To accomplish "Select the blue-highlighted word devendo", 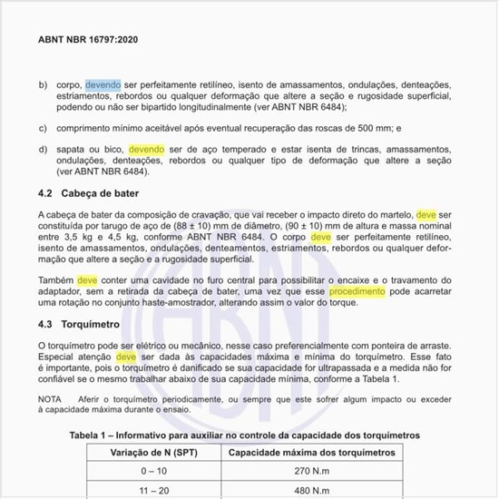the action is coord(103,84).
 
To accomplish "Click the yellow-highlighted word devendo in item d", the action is coord(147,148).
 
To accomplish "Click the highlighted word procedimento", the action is coord(357,292).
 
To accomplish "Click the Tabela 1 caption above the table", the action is coord(245,435).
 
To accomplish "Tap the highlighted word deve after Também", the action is coord(87,280).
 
